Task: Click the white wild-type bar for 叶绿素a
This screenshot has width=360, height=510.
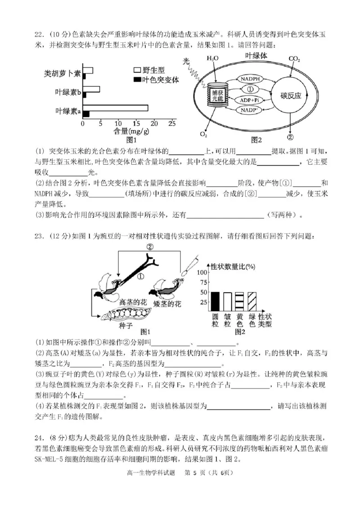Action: pyautogui.click(x=116, y=108)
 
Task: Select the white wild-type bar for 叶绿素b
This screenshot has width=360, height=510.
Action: pyautogui.click(x=91, y=89)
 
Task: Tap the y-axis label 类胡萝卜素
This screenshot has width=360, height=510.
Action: pyautogui.click(x=62, y=73)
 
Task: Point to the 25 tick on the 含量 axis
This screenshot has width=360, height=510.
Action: pyautogui.click(x=172, y=123)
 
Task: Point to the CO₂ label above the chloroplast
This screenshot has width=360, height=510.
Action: pyautogui.click(x=294, y=59)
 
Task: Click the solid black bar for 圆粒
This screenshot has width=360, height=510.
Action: pyautogui.click(x=216, y=302)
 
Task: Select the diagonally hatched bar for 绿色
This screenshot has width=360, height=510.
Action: pyautogui.click(x=252, y=302)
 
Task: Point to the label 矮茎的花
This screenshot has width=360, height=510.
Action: pyautogui.click(x=167, y=304)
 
